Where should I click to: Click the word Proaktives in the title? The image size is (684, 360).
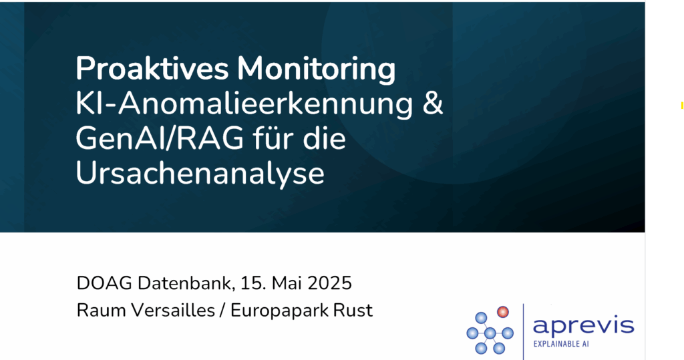152,69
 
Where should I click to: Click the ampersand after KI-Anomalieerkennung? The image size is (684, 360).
432,104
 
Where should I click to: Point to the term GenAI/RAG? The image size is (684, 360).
160,139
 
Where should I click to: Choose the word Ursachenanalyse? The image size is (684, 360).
200,174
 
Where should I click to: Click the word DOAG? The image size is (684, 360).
104,283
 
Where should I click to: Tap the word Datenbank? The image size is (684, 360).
186,283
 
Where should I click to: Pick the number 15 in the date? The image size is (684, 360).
253,283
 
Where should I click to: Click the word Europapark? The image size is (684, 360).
279,311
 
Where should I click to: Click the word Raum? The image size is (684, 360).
102,311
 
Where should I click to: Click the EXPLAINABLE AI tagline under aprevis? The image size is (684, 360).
561,344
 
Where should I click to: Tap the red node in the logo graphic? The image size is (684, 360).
503,312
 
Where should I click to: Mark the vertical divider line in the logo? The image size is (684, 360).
524,332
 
